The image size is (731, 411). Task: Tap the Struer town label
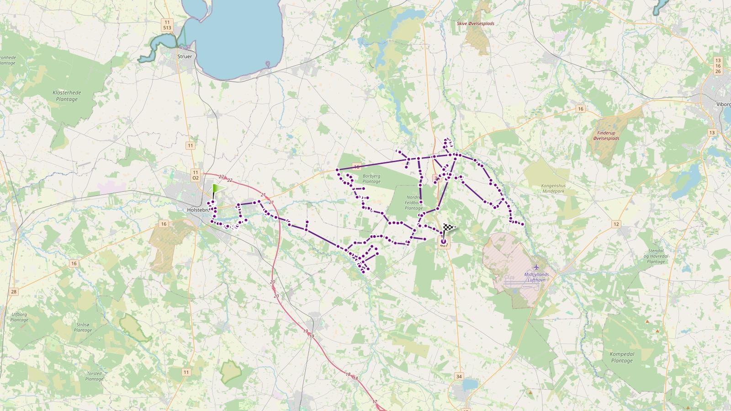pos(185,57)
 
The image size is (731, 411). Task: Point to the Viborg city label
pos(723,104)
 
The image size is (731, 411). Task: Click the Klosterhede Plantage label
pos(67,96)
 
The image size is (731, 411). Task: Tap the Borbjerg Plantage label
pos(371,178)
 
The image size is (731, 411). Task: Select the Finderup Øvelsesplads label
pos(606,136)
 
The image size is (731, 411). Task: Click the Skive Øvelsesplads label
pos(475,24)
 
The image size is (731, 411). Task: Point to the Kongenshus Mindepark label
pos(553,189)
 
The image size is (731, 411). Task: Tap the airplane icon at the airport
pos(536,267)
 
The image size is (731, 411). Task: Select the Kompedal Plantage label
pos(622,357)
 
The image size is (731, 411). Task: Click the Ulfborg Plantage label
pos(20,317)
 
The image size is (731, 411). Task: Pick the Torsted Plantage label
pos(94,376)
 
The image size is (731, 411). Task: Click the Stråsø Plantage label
pos(83,327)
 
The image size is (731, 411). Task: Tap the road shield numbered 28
pos(14,292)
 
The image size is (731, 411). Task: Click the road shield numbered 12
pos(616,224)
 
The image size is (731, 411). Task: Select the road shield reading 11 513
pos(167,25)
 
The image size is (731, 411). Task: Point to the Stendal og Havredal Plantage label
pos(656,256)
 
